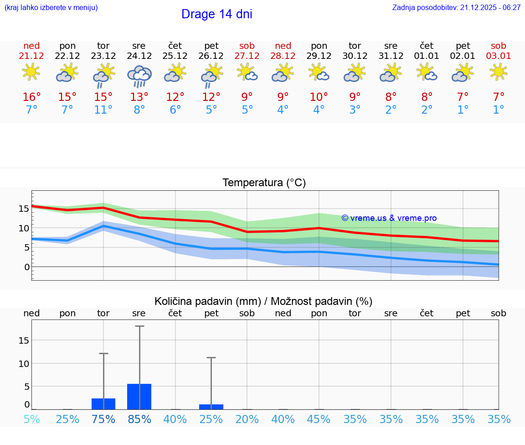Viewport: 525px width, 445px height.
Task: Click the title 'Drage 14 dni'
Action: pos(216,14)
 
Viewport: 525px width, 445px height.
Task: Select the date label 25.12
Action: pos(175,56)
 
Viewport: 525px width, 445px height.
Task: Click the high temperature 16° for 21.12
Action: pos(31,97)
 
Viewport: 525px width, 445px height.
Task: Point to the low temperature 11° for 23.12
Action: pos(103,110)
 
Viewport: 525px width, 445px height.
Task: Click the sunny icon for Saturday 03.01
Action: pos(499,72)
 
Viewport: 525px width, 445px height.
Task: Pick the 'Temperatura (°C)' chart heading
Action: pos(264,183)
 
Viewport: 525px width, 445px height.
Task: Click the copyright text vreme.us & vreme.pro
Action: pos(389,218)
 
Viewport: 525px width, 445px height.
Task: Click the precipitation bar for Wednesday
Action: pos(139,397)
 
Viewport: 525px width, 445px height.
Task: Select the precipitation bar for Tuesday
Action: pos(103,404)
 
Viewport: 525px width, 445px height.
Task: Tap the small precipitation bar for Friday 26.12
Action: pos(211,407)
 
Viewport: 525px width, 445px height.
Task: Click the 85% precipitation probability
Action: pos(139,419)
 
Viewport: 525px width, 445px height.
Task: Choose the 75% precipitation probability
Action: pos(103,419)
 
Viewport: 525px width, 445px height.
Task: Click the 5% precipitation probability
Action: pos(31,419)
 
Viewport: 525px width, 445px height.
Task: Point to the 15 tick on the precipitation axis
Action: pos(24,340)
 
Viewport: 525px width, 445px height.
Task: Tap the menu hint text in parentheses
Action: pos(51,8)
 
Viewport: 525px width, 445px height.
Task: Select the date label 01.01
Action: pos(427,56)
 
